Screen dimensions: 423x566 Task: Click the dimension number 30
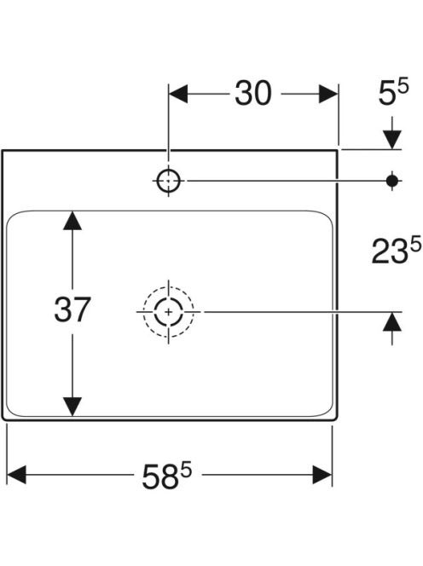tap(252, 93)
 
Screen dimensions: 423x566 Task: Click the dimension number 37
tap(72, 309)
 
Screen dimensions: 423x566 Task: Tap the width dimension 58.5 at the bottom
tap(166, 476)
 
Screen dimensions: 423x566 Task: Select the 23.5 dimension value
tap(397, 250)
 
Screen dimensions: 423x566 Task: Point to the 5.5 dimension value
tap(393, 92)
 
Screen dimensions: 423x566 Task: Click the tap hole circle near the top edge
tap(169, 181)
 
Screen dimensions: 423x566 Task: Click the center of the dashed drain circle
tap(168, 311)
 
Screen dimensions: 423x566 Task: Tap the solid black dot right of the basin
tap(392, 181)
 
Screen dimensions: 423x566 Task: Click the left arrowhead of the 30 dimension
tap(178, 94)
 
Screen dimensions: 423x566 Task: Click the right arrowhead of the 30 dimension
tap(328, 94)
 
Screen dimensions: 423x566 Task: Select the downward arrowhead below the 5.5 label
tap(392, 139)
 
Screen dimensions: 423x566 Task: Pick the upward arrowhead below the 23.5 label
tap(392, 321)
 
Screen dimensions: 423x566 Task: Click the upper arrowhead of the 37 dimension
tap(72, 221)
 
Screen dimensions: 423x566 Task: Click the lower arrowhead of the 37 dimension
tap(72, 407)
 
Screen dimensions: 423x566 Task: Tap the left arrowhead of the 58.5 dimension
tap(16, 475)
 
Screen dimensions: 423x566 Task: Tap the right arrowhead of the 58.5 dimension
tap(322, 475)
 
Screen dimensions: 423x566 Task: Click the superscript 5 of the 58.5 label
tap(186, 471)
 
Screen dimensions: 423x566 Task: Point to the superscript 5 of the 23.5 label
tap(416, 244)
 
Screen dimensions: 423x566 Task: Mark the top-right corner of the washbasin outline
tap(338, 150)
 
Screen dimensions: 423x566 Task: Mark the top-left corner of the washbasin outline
tap(3, 150)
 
